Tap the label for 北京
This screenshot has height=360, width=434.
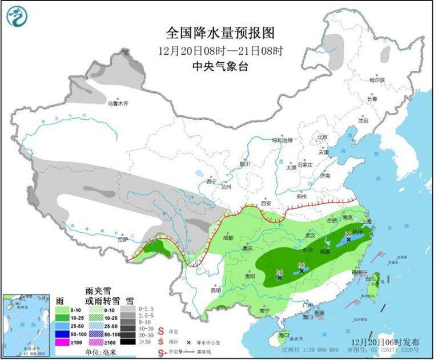(x=322, y=137)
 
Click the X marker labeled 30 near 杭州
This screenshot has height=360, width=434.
(x=348, y=240)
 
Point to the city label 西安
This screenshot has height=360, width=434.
(x=265, y=203)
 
